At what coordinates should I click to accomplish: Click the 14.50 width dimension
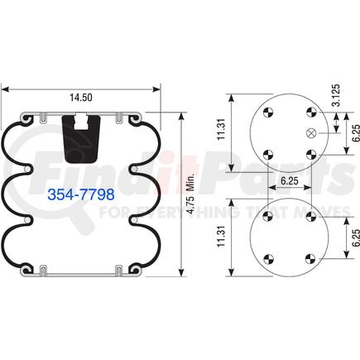[x=80, y=98]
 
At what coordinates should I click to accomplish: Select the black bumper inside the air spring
[x=81, y=137]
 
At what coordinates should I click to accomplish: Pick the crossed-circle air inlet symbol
[x=311, y=133]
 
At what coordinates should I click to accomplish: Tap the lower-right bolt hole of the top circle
[x=310, y=153]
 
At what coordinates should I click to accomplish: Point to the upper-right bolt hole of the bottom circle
[x=310, y=216]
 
